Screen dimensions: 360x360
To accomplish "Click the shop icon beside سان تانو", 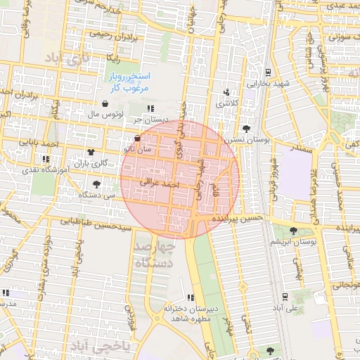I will point(137,139).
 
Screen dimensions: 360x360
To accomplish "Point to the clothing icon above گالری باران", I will point(91,152).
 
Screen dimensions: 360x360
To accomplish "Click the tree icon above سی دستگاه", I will point(96,184).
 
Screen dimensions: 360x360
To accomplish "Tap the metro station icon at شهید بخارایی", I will point(268,72).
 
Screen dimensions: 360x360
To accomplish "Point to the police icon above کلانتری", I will point(226,92).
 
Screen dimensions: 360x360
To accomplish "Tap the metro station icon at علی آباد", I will point(285,296).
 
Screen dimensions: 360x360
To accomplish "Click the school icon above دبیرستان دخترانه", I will point(191,297).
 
